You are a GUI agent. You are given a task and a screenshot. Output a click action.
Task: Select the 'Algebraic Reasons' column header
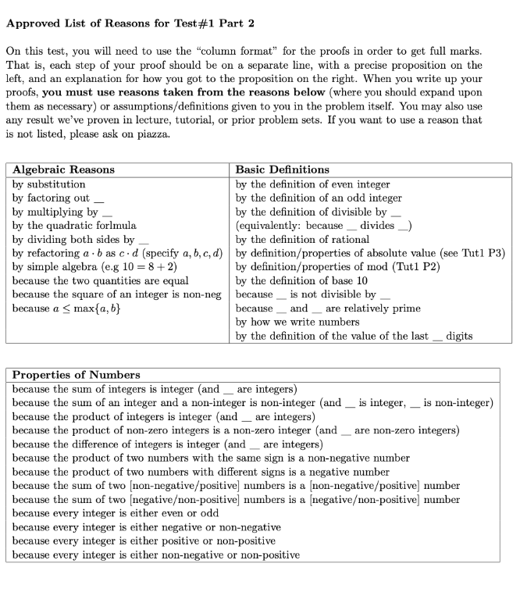tap(63, 169)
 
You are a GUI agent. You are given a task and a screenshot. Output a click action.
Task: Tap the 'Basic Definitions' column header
tap(282, 169)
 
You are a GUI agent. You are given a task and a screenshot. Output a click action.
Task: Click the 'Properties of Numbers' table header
tap(77, 375)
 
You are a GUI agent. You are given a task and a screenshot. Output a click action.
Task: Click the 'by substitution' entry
tap(49, 184)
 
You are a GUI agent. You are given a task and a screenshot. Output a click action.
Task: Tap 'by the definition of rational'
tap(302, 240)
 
